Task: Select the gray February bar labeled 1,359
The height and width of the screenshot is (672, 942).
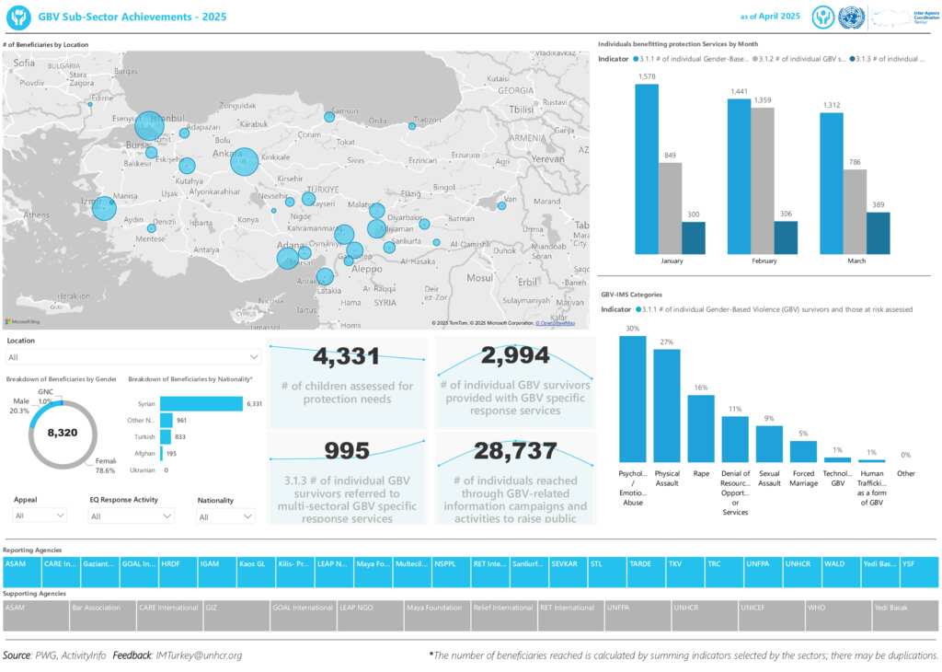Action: (x=763, y=180)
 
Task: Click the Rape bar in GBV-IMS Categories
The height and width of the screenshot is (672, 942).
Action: (x=701, y=428)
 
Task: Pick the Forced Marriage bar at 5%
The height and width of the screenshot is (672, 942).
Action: (x=803, y=451)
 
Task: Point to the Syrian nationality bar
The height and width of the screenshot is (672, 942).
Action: (x=201, y=403)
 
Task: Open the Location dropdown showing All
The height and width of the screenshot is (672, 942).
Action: (x=133, y=357)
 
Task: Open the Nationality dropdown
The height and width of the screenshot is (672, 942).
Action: (x=225, y=516)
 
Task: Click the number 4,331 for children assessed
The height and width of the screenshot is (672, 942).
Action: (x=347, y=356)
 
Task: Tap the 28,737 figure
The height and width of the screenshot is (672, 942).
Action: (x=515, y=451)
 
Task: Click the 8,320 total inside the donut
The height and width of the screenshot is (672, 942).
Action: (x=63, y=432)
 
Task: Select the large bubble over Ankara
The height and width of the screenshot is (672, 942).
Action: (x=244, y=161)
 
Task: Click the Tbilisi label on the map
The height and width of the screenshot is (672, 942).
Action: (x=521, y=109)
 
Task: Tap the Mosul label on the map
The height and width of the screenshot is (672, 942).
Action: (x=479, y=277)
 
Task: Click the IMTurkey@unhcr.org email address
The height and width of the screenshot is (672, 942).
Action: (x=199, y=655)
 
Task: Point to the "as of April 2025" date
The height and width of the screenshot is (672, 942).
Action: (x=770, y=17)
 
